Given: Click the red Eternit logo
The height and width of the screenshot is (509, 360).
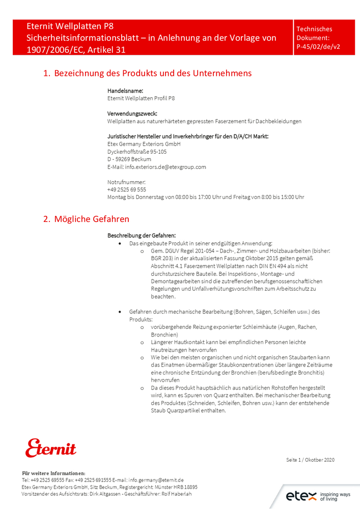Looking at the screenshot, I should coord(51,447).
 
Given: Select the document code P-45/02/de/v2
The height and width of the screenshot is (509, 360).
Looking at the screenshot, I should coord(318,46).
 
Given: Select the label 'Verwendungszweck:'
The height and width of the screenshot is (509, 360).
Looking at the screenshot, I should coord(132,114).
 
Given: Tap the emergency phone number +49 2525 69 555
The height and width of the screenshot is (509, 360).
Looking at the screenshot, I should coord(127,189).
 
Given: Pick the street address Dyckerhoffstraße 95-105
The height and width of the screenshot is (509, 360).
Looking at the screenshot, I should coord(137,152).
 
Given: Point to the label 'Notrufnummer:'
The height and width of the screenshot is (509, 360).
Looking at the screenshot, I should coord(126,182).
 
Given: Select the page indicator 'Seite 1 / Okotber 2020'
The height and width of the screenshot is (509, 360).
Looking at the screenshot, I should coord(310,460).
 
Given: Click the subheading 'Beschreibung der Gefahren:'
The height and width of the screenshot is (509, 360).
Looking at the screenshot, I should coord(142,236).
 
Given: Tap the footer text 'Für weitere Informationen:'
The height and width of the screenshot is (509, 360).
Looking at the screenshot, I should coord(53,473).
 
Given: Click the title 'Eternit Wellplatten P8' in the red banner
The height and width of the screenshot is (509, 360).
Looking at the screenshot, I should coord(70,26).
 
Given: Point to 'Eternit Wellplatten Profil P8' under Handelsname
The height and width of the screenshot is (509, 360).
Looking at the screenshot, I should coord(141,98).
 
